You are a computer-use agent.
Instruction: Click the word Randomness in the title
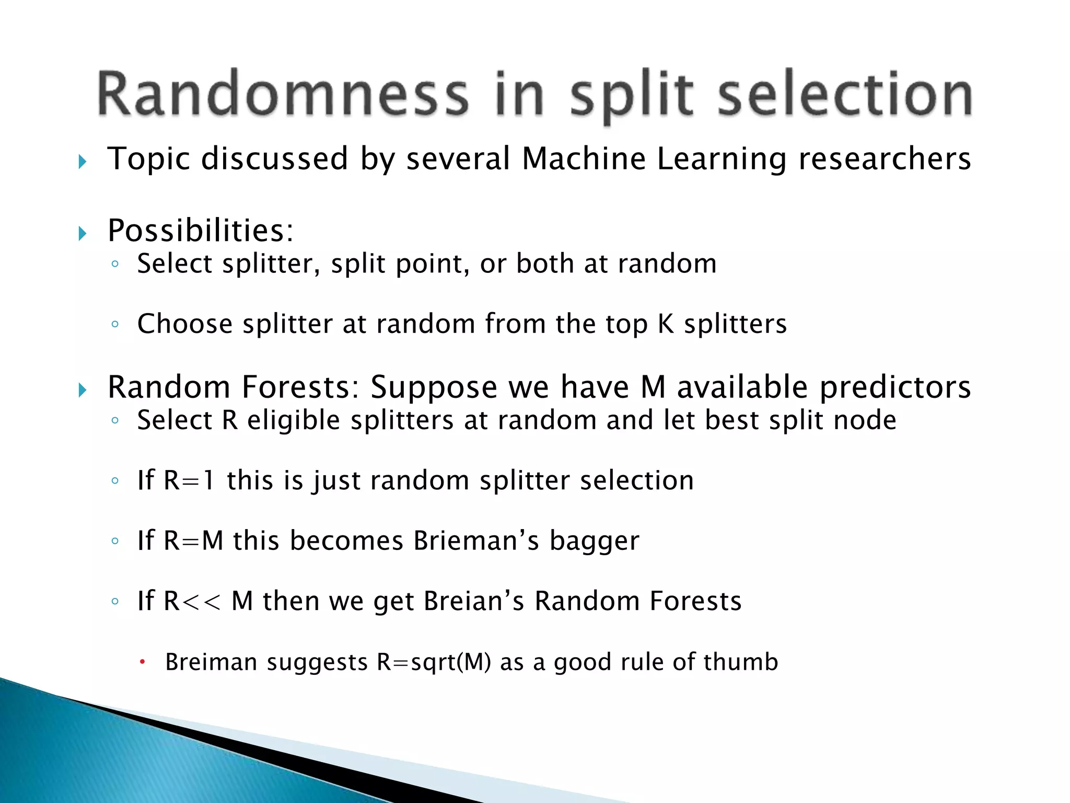click(x=283, y=94)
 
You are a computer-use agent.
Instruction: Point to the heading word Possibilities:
click(x=201, y=231)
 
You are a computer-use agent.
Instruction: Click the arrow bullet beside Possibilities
click(x=83, y=233)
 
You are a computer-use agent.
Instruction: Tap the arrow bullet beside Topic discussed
click(x=83, y=162)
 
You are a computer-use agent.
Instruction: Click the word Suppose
click(x=433, y=387)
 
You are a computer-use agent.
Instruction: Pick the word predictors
click(x=894, y=387)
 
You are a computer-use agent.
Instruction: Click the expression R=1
click(x=189, y=480)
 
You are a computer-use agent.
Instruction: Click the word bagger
click(x=594, y=542)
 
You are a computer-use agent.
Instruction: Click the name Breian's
click(x=473, y=601)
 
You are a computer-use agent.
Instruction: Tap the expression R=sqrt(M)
click(x=434, y=662)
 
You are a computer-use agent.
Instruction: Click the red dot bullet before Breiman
click(x=142, y=662)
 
